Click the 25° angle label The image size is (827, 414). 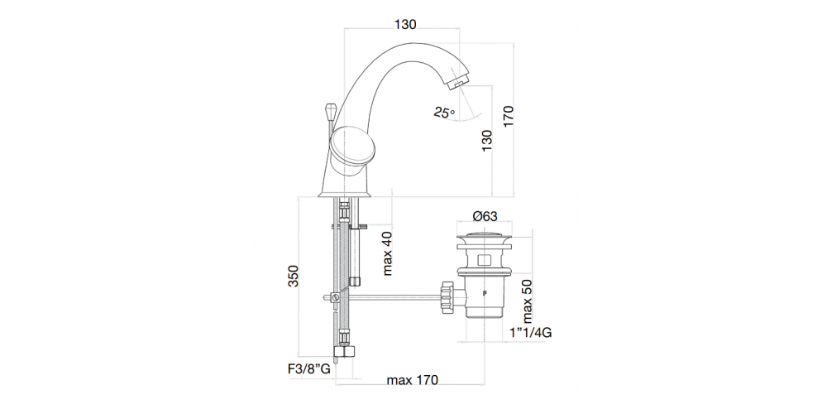click(x=442, y=113)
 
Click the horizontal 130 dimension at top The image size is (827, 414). click(x=404, y=24)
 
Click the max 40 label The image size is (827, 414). click(x=387, y=253)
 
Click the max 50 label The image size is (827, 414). click(x=530, y=302)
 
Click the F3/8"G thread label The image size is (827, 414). click(x=304, y=369)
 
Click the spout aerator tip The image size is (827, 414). click(x=457, y=84)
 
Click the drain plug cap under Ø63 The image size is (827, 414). click(x=484, y=240)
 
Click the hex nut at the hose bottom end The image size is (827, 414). click(x=343, y=352)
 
